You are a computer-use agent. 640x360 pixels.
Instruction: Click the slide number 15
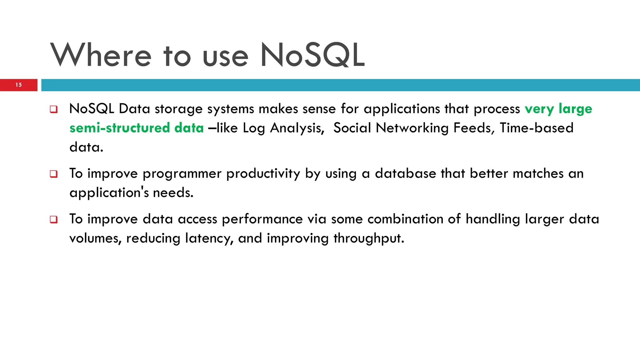tap(19, 85)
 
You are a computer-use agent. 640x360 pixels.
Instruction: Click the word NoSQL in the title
tap(312, 55)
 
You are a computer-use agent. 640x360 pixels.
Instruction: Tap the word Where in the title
tap(101, 55)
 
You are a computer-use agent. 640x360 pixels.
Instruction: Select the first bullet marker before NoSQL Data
tap(54, 109)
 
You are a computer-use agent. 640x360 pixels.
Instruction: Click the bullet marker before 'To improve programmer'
tap(54, 174)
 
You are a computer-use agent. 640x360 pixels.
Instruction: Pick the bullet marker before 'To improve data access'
tap(54, 219)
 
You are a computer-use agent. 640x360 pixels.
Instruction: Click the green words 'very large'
tap(558, 109)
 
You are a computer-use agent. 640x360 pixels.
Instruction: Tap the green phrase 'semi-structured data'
tap(137, 128)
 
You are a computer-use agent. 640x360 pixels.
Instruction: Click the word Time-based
tap(537, 128)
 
